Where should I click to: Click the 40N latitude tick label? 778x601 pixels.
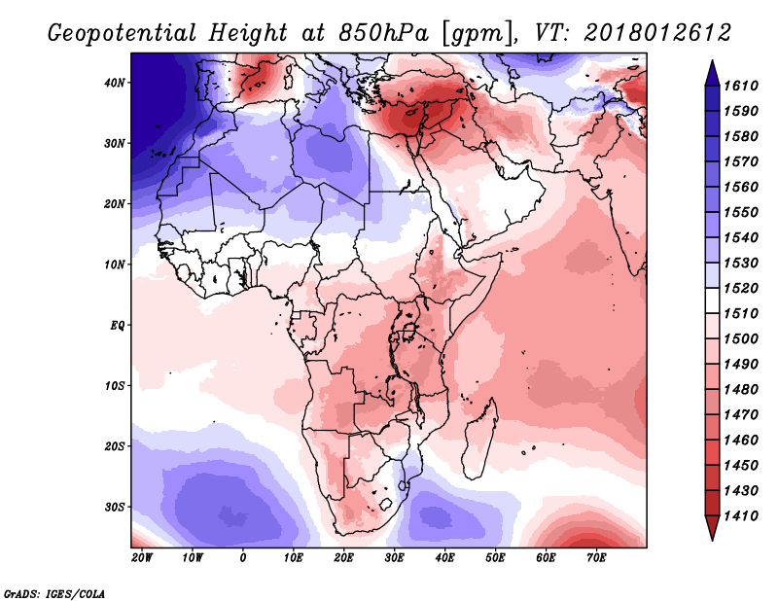point(115,83)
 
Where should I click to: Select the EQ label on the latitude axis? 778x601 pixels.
point(117,326)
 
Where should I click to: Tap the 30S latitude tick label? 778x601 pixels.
point(115,508)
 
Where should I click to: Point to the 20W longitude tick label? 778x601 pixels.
point(142,558)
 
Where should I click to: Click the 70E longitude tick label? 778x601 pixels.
point(596,558)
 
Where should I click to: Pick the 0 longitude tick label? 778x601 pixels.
point(242,558)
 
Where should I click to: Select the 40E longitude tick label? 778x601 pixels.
point(444,558)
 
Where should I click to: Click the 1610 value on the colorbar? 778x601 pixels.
point(740,86)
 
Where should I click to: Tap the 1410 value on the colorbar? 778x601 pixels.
point(740,516)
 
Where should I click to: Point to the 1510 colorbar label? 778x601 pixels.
point(740,314)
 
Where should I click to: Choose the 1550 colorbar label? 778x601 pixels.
point(740,212)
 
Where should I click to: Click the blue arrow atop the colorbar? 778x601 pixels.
point(712,73)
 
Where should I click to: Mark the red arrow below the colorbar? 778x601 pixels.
point(712,528)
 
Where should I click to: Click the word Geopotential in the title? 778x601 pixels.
point(123,33)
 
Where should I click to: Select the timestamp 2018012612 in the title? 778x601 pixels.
point(657,33)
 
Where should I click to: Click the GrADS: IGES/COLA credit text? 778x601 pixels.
point(54,593)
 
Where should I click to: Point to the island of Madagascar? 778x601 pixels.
point(480,440)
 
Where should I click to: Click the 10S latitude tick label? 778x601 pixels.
point(115,386)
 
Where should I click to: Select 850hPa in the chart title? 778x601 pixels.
point(383,33)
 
